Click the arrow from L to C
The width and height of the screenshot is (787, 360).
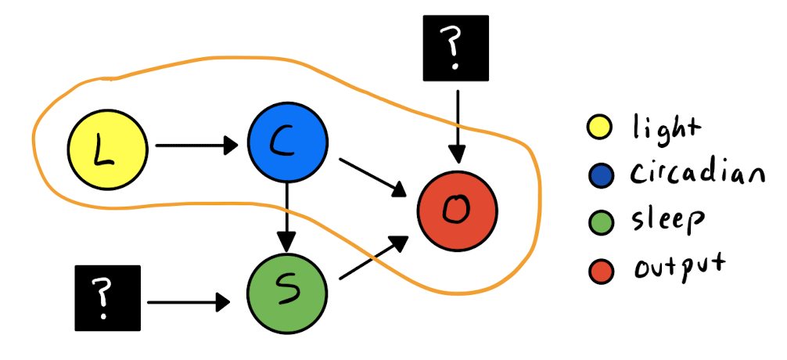point(196,145)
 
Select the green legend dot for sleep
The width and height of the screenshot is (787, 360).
point(601,223)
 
